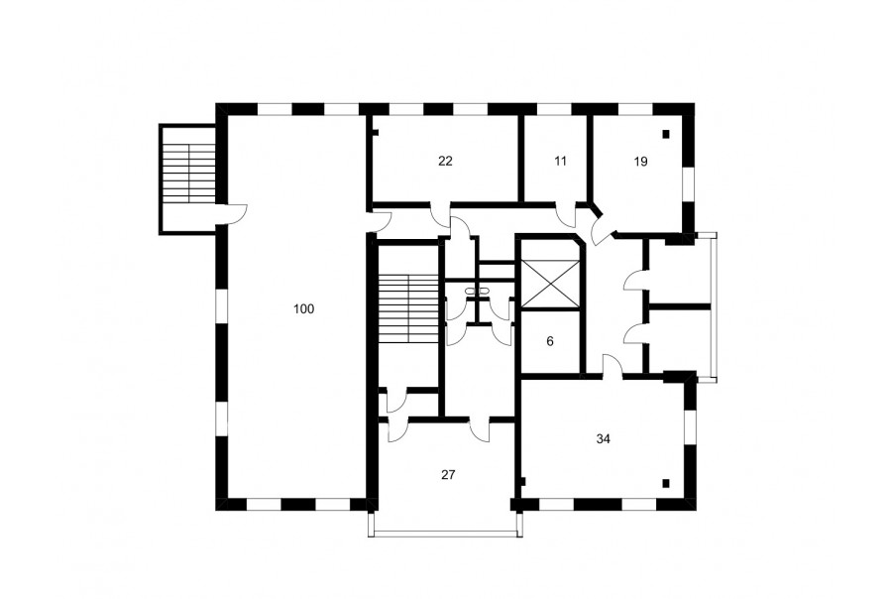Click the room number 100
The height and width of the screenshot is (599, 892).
[304, 309]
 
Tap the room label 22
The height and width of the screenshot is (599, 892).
[445, 161]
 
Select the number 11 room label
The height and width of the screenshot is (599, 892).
[560, 161]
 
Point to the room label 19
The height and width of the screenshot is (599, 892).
[640, 162]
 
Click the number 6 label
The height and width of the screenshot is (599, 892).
[549, 341]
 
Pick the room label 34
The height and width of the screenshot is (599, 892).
[603, 439]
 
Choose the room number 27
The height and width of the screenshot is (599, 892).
[448, 474]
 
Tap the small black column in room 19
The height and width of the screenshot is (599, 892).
[666, 134]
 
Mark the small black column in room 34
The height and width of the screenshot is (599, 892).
[666, 485]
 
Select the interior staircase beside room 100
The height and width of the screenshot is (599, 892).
[408, 308]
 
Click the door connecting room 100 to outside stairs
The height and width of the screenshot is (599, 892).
[234, 214]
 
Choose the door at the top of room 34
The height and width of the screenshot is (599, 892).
[612, 365]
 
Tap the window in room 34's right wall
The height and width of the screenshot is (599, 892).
[690, 427]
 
